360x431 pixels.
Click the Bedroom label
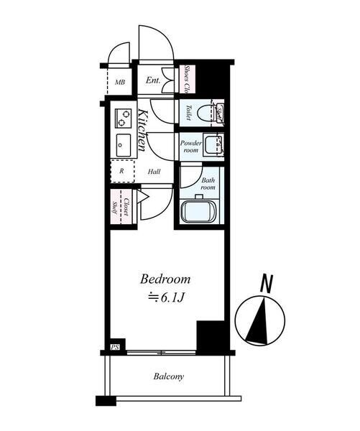coord(165,279)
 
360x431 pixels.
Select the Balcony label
coord(168,376)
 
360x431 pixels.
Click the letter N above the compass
coord(266,283)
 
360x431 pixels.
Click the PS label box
coord(114,348)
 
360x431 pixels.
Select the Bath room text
coord(208,183)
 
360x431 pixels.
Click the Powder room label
coord(190,147)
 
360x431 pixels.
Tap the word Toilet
coord(188,113)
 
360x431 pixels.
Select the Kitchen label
coord(142,130)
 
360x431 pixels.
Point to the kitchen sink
coord(121,144)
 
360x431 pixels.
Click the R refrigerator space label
coord(121,172)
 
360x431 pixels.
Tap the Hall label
coord(154,172)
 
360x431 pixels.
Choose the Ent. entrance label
coord(153,80)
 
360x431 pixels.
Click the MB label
coord(120,81)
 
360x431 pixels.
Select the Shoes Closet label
coord(187,80)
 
